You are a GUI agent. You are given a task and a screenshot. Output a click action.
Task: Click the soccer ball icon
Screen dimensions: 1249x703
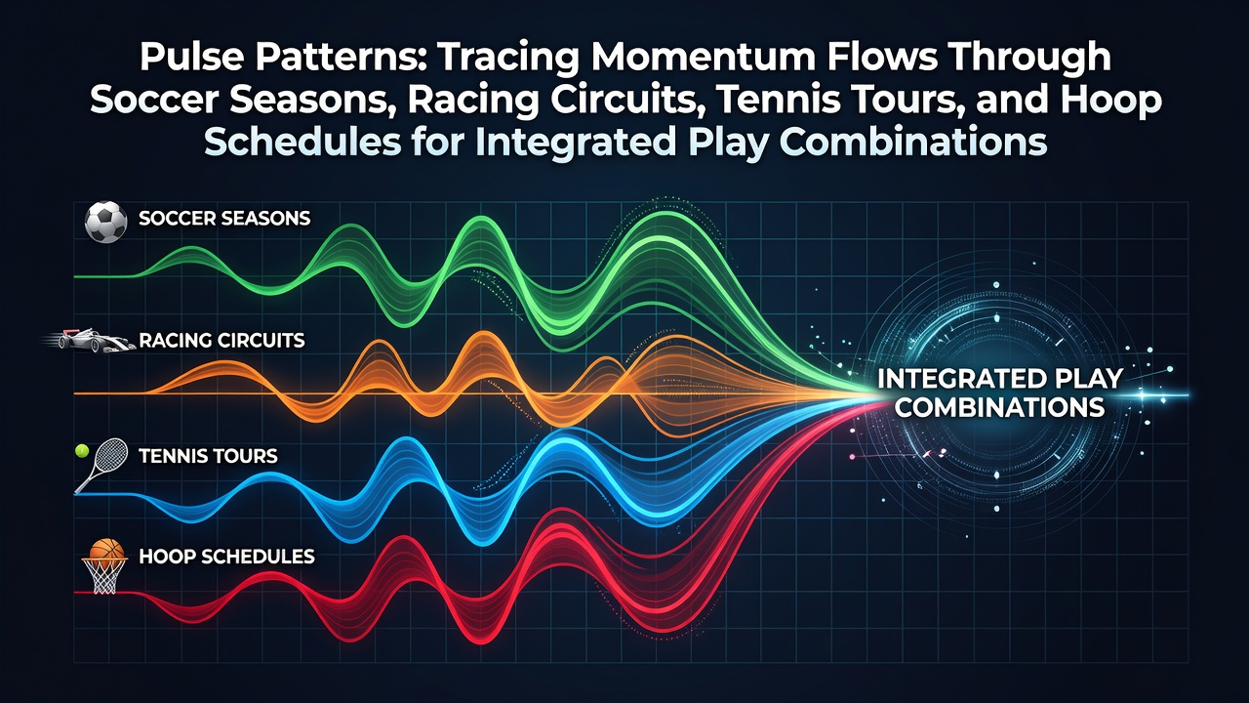coord(105,222)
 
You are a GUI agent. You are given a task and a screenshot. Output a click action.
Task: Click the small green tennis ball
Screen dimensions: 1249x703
coord(82,450)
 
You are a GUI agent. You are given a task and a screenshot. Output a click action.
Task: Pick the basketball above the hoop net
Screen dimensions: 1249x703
coord(106,549)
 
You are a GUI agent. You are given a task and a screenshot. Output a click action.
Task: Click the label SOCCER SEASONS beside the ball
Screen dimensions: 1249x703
coord(224,218)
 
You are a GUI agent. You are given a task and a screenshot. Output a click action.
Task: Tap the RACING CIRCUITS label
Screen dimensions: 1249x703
coord(222,341)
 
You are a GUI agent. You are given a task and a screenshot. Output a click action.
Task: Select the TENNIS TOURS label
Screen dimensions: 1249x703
coord(208,456)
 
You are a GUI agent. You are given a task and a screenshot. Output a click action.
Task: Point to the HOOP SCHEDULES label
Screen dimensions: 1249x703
coord(226,557)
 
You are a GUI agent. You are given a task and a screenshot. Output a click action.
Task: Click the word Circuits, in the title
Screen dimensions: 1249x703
coord(631,101)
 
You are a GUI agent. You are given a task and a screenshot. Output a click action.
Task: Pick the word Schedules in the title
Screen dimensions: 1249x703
coord(302,142)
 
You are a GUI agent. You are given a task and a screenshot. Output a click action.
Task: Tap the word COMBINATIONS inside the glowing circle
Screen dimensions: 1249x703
coord(1000,407)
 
